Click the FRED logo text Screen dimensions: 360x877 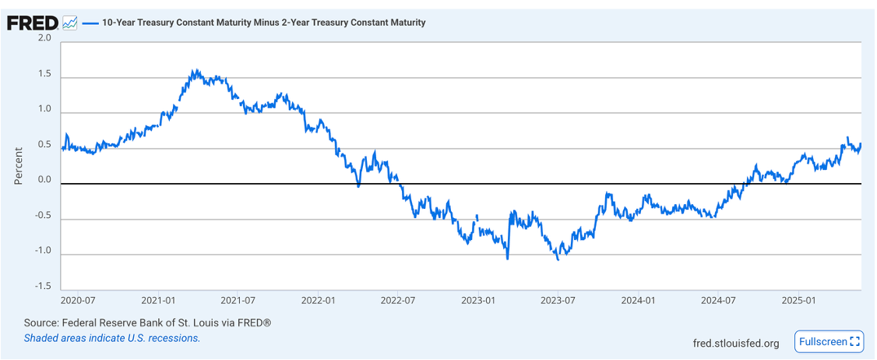click(x=32, y=23)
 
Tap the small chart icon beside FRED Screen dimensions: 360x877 click(x=70, y=23)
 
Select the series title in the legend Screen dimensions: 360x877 click(x=263, y=23)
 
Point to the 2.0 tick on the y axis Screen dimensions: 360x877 click(x=44, y=38)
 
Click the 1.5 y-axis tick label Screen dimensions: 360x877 click(x=44, y=75)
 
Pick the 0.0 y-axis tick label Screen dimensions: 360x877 click(x=44, y=180)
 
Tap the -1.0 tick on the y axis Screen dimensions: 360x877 click(x=43, y=251)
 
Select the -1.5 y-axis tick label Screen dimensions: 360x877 click(x=43, y=287)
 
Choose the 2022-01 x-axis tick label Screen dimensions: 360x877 click(x=318, y=300)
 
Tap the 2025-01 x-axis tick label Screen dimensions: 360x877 click(x=798, y=300)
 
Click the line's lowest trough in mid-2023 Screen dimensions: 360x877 click(x=558, y=259)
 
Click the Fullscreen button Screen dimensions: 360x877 click(x=829, y=341)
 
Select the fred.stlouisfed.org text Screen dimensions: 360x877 click(x=735, y=343)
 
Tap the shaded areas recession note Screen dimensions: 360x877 click(x=111, y=338)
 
